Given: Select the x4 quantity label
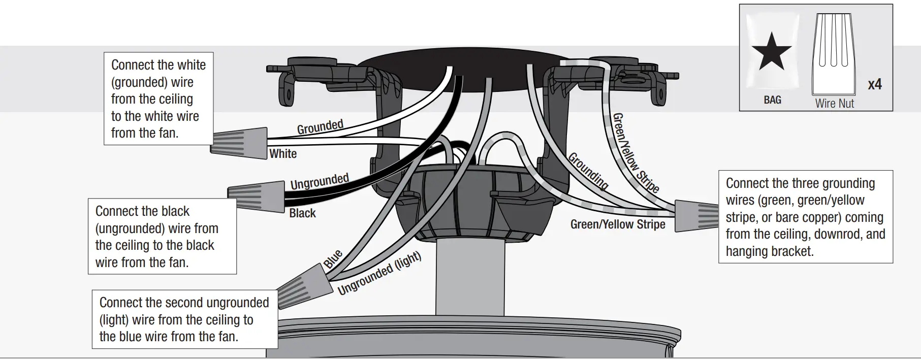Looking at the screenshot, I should tap(874, 84).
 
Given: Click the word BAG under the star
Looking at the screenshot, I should tap(772, 100).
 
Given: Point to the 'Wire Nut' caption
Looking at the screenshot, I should tap(834, 104).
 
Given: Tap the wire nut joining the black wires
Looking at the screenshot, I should tap(257, 197).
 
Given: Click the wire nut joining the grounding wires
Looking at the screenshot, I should tap(696, 216).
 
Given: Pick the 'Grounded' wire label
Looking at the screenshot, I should tap(320, 127).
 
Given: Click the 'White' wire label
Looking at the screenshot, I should tap(283, 154).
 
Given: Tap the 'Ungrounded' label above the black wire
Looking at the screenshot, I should tap(320, 181).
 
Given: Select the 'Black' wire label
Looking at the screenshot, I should tap(302, 213).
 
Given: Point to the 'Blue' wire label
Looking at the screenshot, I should tap(333, 259).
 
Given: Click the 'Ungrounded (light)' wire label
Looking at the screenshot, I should tap(379, 274).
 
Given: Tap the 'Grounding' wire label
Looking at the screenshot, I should tap(588, 171).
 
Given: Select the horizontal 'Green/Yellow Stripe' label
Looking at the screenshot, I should tap(617, 224).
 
